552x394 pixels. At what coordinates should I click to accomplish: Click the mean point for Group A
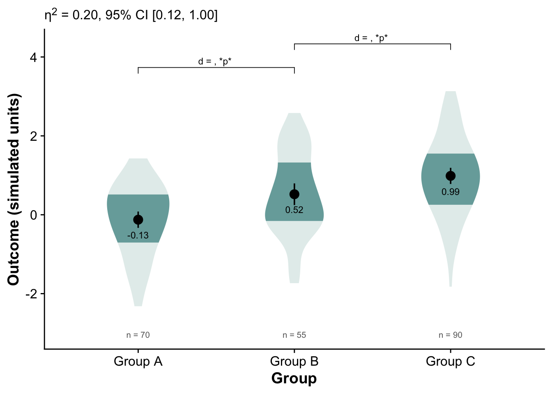[x=138, y=220]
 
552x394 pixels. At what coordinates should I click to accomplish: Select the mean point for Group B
[x=294, y=194]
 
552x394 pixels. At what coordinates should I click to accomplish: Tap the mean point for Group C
[x=451, y=176]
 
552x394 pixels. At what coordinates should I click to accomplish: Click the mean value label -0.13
[x=138, y=236]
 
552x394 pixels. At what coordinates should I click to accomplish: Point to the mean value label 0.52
[x=294, y=210]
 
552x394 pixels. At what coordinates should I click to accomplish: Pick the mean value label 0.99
[x=451, y=192]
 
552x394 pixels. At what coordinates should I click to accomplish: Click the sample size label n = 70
[x=138, y=335]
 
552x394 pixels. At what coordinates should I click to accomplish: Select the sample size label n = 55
[x=294, y=335]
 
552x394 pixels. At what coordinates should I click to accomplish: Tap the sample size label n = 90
[x=451, y=335]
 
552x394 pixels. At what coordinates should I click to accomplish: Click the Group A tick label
[x=138, y=362]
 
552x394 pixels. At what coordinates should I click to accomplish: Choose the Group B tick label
[x=294, y=362]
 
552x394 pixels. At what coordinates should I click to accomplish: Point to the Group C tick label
[x=451, y=362]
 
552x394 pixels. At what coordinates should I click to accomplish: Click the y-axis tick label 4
[x=33, y=57]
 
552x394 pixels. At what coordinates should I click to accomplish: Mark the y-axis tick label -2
[x=31, y=294]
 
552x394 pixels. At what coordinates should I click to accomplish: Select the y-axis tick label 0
[x=33, y=215]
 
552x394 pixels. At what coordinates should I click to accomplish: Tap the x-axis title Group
[x=294, y=378]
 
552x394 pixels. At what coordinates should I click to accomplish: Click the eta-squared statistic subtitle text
[x=131, y=15]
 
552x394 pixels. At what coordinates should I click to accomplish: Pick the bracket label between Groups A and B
[x=215, y=62]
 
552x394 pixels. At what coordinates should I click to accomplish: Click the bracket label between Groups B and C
[x=371, y=38]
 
